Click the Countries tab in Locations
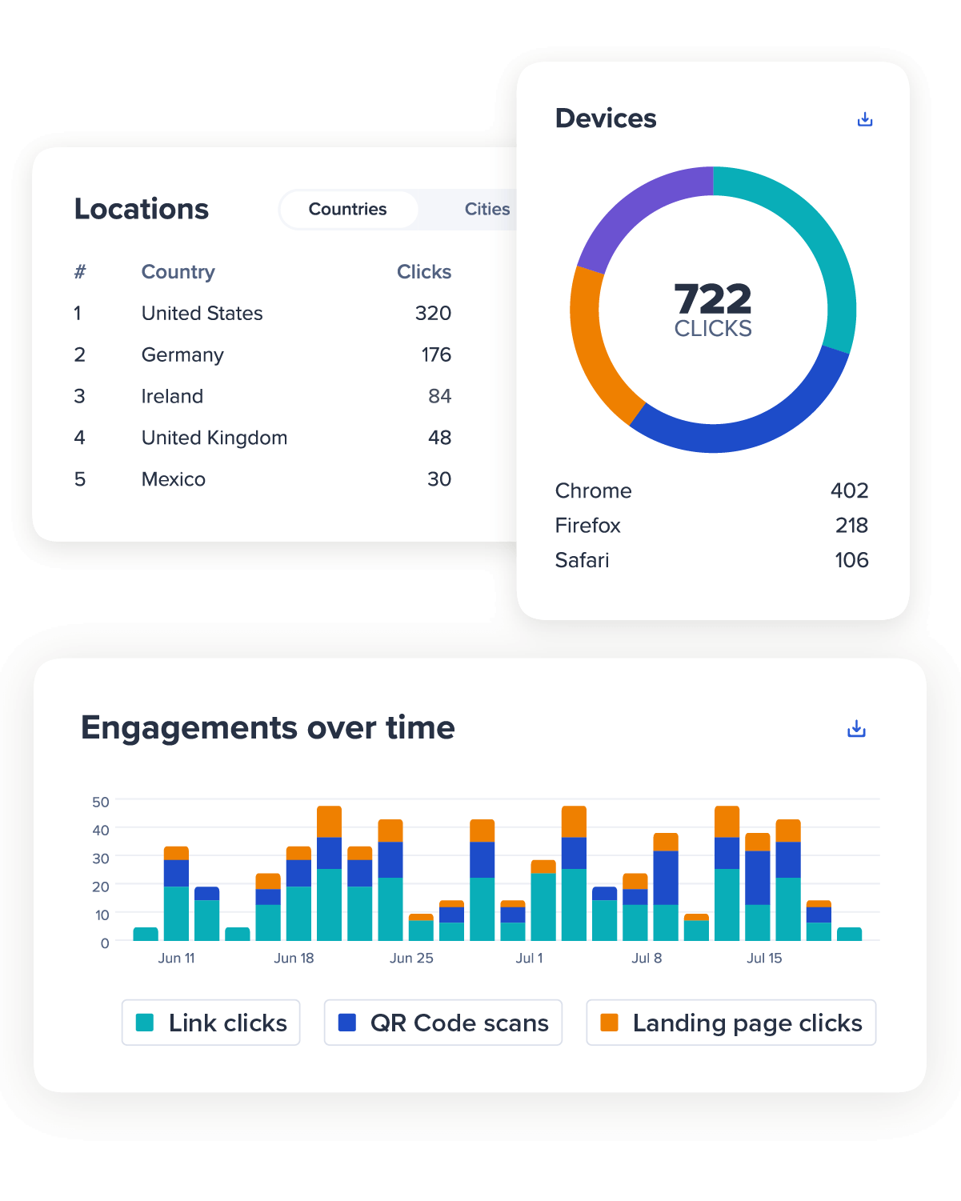point(348,210)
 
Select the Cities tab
point(487,210)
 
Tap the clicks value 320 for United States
point(433,314)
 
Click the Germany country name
point(182,355)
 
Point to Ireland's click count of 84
point(439,397)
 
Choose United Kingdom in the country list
point(214,438)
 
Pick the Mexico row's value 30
point(439,480)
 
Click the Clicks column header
point(424,272)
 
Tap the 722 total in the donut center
point(713,299)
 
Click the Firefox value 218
point(851,526)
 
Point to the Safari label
point(582,561)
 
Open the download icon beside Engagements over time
point(856,729)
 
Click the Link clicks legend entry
point(211,1023)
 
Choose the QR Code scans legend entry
point(443,1023)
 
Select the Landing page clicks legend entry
point(731,1023)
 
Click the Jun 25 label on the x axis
point(411,959)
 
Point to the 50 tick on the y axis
point(101,802)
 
